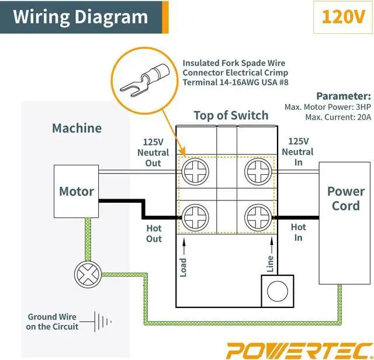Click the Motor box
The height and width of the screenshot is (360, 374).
pyautogui.click(x=76, y=192)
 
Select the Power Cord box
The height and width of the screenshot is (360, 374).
pyautogui.click(x=345, y=199)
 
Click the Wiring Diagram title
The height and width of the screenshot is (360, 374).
pyautogui.click(x=80, y=16)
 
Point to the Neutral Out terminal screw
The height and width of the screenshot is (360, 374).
pyautogui.click(x=197, y=174)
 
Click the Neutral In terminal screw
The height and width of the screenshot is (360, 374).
pyautogui.click(x=258, y=174)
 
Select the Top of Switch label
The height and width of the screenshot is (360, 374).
pyautogui.click(x=231, y=115)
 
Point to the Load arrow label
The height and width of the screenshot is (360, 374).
pyautogui.click(x=183, y=267)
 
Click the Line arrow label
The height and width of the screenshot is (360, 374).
pyautogui.click(x=270, y=264)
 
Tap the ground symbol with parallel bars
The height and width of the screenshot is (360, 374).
pyautogui.click(x=103, y=321)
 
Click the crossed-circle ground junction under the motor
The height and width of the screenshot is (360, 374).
pyautogui.click(x=86, y=273)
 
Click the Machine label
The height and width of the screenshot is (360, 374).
pyautogui.click(x=77, y=128)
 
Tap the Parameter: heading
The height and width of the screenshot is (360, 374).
pyautogui.click(x=343, y=96)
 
